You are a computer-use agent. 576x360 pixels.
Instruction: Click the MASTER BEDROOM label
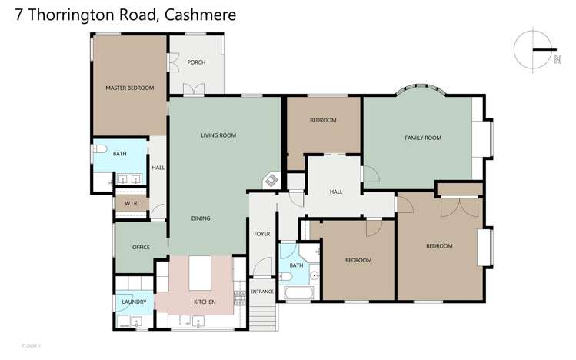click(x=129, y=88)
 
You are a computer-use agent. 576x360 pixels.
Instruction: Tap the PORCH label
click(x=196, y=62)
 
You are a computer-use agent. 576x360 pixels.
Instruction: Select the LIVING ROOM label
click(x=218, y=135)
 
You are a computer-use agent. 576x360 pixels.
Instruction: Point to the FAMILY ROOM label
click(x=423, y=138)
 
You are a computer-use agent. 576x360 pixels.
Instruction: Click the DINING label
click(x=201, y=218)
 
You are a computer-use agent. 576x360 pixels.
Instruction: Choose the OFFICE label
click(x=141, y=247)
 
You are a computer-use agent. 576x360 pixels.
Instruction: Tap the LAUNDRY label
click(x=134, y=302)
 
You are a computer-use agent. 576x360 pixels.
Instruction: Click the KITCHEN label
click(x=205, y=302)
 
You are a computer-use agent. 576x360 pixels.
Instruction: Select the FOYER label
click(x=262, y=232)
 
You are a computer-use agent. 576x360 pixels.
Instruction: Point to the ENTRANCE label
click(x=262, y=292)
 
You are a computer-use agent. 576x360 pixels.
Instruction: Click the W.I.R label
click(x=130, y=203)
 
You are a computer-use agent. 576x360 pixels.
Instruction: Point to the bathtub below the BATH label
click(x=298, y=294)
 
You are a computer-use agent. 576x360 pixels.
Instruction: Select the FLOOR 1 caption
click(x=32, y=345)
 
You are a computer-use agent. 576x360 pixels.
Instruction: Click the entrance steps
click(x=263, y=316)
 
